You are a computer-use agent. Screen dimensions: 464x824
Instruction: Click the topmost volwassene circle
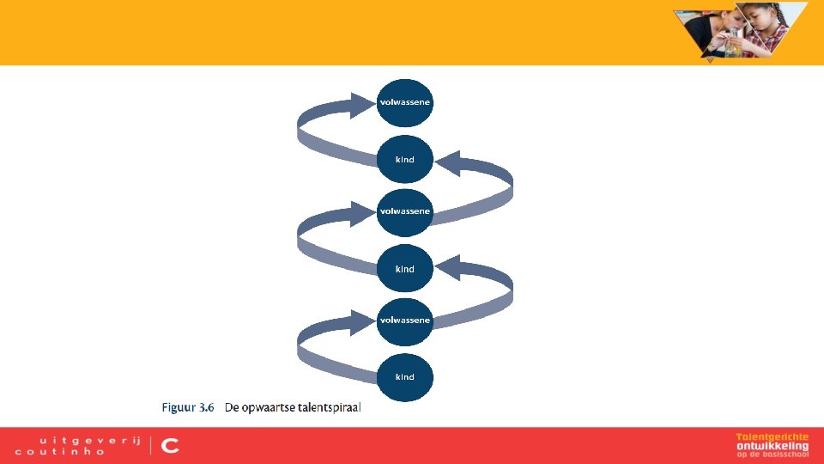405,102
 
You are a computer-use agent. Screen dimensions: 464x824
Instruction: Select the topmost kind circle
405,160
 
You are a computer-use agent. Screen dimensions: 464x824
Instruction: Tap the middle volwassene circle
405,211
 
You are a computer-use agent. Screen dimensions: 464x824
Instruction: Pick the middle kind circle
405,269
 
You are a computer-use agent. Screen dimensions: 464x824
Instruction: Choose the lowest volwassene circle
405,321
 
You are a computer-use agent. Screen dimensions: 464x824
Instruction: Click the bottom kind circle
405,377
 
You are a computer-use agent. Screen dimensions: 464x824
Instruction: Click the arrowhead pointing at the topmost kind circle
448,162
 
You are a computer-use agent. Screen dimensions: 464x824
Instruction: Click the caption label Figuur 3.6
188,407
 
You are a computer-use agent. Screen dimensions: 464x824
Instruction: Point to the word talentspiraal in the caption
330,407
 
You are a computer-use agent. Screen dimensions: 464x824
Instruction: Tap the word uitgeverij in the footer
77,438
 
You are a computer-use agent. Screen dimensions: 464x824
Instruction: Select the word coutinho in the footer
60,451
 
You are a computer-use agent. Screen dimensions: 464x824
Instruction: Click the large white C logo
170,445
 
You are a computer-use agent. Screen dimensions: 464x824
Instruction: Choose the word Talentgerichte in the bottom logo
772,437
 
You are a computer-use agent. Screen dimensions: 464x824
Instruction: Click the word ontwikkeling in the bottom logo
772,446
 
